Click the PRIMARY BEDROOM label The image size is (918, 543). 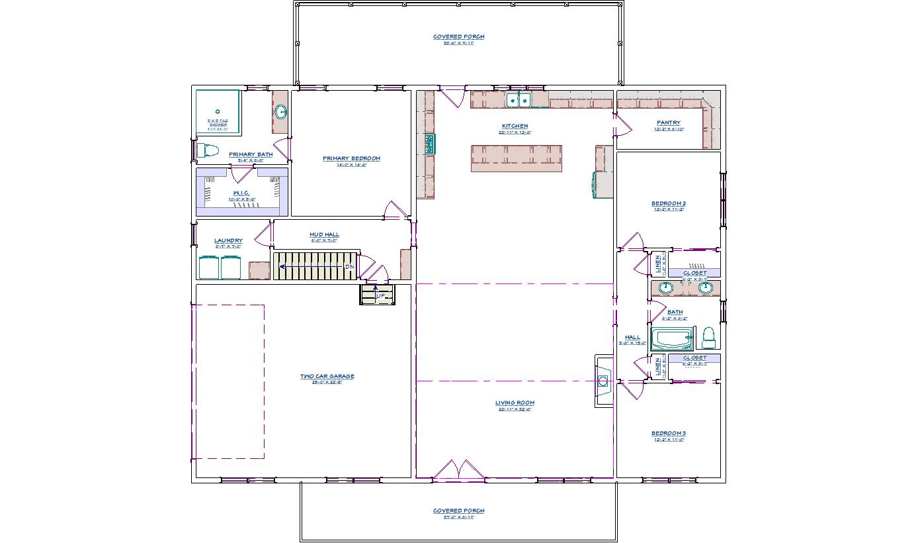(x=351, y=159)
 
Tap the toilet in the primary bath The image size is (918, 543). (x=208, y=151)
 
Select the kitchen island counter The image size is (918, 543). (x=517, y=159)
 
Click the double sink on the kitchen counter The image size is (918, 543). (x=519, y=100)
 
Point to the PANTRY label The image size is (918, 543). (x=668, y=123)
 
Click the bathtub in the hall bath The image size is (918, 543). (x=672, y=338)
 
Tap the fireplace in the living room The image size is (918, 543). (x=603, y=381)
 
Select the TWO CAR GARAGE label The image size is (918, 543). (x=327, y=377)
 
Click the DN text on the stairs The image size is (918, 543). (x=349, y=266)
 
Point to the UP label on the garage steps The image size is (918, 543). (x=380, y=295)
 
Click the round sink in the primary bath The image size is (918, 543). (x=280, y=112)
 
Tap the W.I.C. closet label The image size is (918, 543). (x=241, y=193)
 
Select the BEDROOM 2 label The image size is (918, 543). (x=668, y=203)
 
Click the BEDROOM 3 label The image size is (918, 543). (x=668, y=434)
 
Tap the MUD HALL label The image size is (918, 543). (x=324, y=234)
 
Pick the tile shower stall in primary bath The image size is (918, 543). (x=218, y=111)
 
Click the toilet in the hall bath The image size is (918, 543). (x=708, y=337)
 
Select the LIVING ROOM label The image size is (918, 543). (x=515, y=403)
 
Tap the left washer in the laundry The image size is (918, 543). (x=210, y=268)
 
